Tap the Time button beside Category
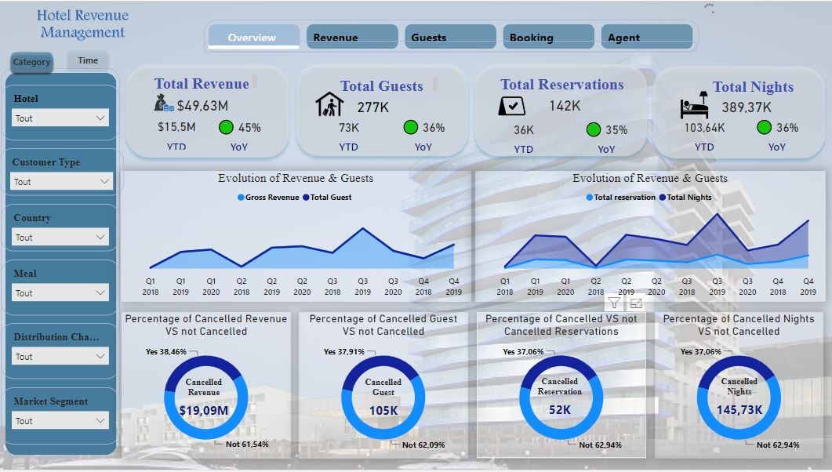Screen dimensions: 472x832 [88, 60]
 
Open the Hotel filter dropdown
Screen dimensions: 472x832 [60, 118]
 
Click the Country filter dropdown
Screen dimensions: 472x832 [60, 237]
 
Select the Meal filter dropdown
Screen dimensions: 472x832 [60, 292]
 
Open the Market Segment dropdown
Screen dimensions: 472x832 [60, 421]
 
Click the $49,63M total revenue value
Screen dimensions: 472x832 [202, 105]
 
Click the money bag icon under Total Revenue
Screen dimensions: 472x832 [163, 103]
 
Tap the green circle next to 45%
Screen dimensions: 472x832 [227, 127]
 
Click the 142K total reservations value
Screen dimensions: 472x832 [565, 105]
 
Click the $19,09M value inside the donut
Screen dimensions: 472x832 [203, 409]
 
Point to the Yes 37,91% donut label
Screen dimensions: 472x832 [343, 352]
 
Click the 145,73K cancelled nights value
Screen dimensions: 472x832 [739, 409]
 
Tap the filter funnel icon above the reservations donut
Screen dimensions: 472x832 [614, 303]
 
